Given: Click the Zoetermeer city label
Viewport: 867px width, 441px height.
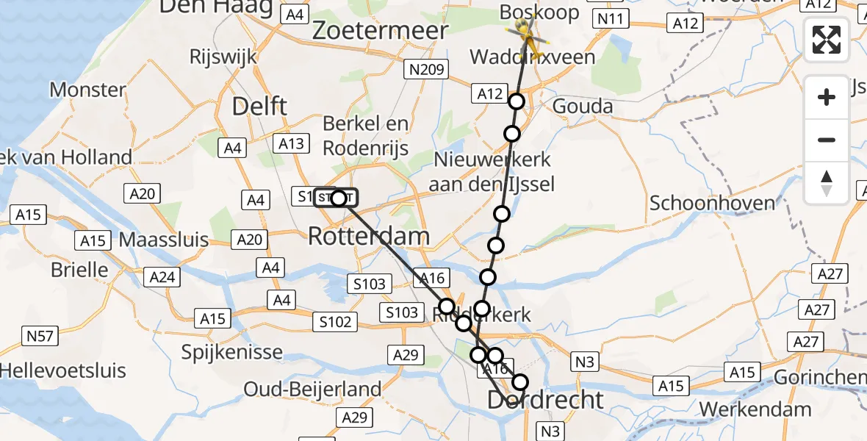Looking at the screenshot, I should [380, 30].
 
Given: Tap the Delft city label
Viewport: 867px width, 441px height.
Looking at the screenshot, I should [259, 106].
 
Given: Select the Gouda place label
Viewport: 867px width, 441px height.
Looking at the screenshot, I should [583, 106].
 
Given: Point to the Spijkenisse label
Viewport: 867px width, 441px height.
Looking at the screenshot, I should [233, 351].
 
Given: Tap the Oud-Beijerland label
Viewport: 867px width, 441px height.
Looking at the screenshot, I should [312, 389].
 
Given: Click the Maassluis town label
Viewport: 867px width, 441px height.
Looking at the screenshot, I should [163, 240].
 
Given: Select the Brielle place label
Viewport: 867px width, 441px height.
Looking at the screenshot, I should [79, 269].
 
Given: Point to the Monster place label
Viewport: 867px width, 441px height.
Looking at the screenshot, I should [87, 90].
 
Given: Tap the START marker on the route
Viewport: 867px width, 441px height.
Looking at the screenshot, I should [337, 198].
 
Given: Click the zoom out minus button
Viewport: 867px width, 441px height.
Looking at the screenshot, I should [827, 140].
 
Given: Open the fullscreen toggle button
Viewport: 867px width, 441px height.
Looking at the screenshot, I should [827, 40].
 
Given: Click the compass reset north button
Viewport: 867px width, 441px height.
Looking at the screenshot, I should [827, 182].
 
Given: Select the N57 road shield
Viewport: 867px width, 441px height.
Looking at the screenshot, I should [40, 337].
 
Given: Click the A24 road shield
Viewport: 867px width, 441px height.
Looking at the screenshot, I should [162, 276].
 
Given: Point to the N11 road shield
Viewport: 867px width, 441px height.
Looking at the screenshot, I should [611, 18].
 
